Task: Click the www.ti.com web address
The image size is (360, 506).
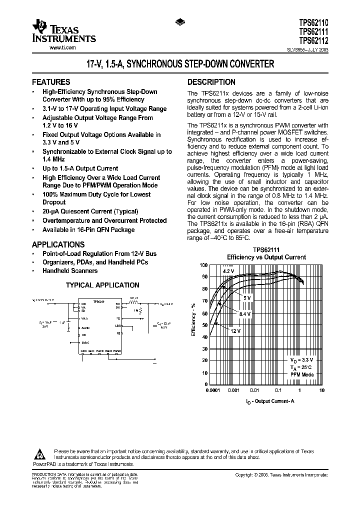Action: click(x=62, y=48)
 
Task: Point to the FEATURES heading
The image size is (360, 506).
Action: click(x=51, y=82)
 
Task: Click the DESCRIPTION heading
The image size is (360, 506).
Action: click(x=211, y=82)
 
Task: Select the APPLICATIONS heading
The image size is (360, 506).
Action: click(x=58, y=244)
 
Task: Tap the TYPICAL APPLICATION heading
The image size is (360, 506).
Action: click(x=103, y=285)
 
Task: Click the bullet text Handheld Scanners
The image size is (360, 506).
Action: click(x=70, y=270)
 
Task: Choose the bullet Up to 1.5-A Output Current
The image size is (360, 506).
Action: click(x=80, y=168)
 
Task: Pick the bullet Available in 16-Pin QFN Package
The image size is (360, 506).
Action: click(x=88, y=229)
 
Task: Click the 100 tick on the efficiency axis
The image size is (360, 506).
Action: click(x=203, y=265)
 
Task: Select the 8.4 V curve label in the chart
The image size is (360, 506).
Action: click(x=244, y=313)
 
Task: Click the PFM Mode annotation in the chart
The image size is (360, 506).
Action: click(x=302, y=374)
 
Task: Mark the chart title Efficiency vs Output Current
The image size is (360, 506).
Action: click(x=266, y=257)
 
